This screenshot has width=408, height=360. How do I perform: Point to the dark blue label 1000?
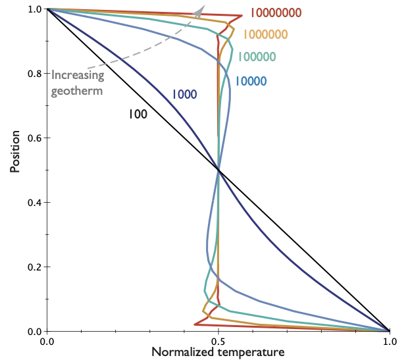pyautogui.click(x=184, y=94)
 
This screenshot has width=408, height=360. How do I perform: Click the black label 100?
pyautogui.click(x=138, y=114)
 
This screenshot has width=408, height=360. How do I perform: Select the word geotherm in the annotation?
pyautogui.click(x=77, y=91)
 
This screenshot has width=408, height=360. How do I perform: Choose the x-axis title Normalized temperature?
pyautogui.click(x=218, y=352)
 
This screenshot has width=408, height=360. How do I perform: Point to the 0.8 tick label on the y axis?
pyautogui.click(x=34, y=73)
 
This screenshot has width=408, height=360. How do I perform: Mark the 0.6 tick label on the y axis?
pyautogui.click(x=34, y=138)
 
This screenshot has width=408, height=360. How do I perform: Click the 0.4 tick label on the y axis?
pyautogui.click(x=34, y=202)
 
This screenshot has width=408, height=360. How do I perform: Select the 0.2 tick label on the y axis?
pyautogui.click(x=34, y=267)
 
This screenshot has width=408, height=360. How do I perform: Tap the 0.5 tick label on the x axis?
pyautogui.click(x=218, y=342)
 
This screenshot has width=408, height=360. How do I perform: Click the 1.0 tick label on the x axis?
pyautogui.click(x=390, y=342)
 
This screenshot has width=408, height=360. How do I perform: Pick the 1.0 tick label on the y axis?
pyautogui.click(x=34, y=9)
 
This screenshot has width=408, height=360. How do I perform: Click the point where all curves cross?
pyautogui.click(x=218, y=170)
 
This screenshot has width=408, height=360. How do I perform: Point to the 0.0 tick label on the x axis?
pyautogui.click(x=47, y=342)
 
